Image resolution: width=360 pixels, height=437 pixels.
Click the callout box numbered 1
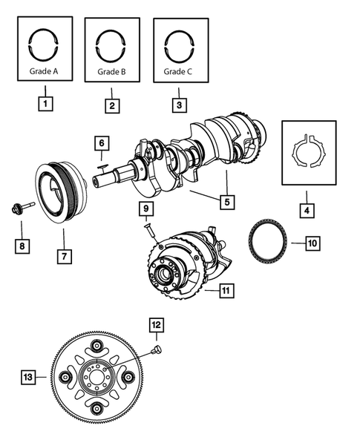(x=45, y=105)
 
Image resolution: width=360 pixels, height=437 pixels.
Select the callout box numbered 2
(x=112, y=105)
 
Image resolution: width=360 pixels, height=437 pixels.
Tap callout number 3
(x=180, y=105)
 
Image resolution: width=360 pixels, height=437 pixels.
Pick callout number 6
(x=102, y=142)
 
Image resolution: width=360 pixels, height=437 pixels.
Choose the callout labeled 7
(x=64, y=257)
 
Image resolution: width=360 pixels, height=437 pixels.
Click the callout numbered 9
(x=147, y=208)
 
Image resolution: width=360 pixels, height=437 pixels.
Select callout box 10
(x=312, y=242)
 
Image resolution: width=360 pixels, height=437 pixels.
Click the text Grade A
(x=45, y=72)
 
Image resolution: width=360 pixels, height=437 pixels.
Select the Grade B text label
(x=112, y=73)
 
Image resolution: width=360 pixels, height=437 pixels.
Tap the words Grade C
(x=180, y=73)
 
